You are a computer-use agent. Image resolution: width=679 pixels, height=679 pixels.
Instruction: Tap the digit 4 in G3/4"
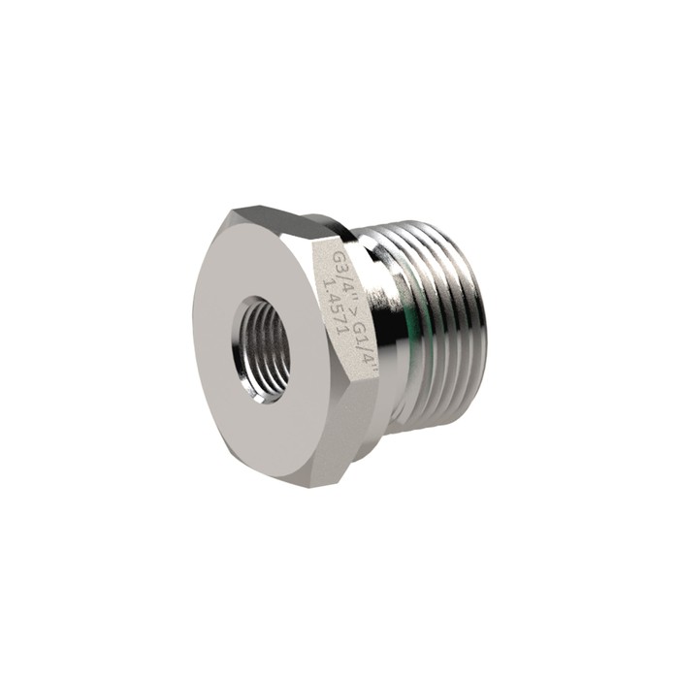pyautogui.click(x=345, y=288)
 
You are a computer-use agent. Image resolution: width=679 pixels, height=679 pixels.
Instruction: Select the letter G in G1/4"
pyautogui.click(x=358, y=329)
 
